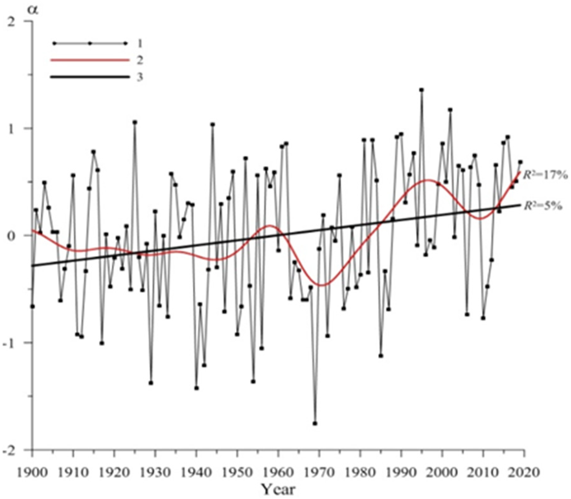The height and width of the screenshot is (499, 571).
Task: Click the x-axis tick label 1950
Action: pyautogui.click(x=237, y=473)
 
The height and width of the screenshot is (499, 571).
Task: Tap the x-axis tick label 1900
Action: pyautogui.click(x=32, y=473)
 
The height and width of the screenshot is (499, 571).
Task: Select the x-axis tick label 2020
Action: pyautogui.click(x=524, y=473)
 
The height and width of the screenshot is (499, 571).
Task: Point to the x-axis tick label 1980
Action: pyautogui.click(x=360, y=473)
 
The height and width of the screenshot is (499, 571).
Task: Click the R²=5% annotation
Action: pyautogui.click(x=542, y=206)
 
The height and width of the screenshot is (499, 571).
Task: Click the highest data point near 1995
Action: pyautogui.click(x=422, y=90)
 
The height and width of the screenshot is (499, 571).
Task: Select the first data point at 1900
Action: pyautogui.click(x=32, y=306)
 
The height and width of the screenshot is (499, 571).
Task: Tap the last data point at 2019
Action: pyautogui.click(x=520, y=162)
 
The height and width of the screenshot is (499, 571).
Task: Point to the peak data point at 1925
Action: pyautogui.click(x=135, y=122)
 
